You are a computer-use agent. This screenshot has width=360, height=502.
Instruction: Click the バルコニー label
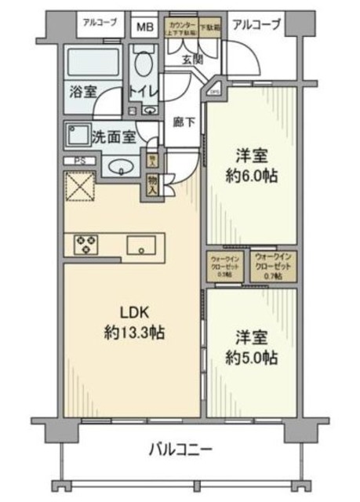pyautogui.click(x=180, y=450)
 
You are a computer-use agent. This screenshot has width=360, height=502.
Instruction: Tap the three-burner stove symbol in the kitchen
pyautogui.click(x=85, y=245)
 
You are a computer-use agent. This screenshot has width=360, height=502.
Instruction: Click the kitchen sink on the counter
pyautogui.click(x=142, y=245)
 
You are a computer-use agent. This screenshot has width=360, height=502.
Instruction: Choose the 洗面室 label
pyautogui.click(x=113, y=136)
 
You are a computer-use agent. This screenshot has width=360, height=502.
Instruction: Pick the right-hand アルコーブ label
pyautogui.click(x=256, y=24)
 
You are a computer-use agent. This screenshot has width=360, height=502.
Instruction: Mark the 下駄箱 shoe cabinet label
pyautogui.click(x=208, y=26)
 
